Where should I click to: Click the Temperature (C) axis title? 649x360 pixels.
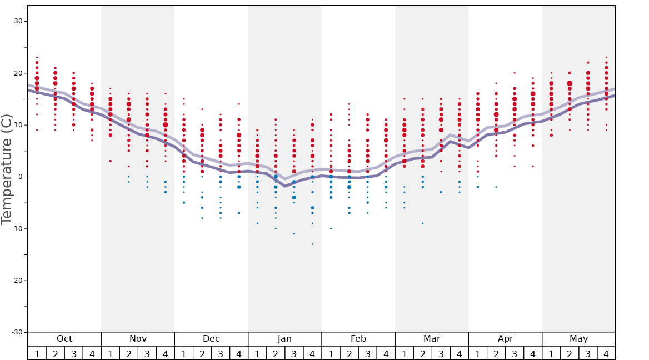pyautogui.click(x=7, y=169)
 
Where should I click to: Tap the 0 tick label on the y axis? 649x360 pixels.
pyautogui.click(x=20, y=177)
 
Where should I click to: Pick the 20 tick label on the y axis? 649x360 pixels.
pyautogui.click(x=18, y=73)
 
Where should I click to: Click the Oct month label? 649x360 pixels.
pyautogui.click(x=64, y=339)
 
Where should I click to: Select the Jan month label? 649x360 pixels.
pyautogui.click(x=284, y=339)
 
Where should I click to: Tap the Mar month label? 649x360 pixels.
pyautogui.click(x=432, y=339)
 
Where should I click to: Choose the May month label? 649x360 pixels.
pyautogui.click(x=578, y=339)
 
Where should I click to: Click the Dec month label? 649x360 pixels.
pyautogui.click(x=211, y=339)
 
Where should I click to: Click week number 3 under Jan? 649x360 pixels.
pyautogui.click(x=294, y=353)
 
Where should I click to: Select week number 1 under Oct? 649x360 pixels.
pyautogui.click(x=37, y=353)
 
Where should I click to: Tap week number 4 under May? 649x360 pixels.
pyautogui.click(x=606, y=353)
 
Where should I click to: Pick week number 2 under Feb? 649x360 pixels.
pyautogui.click(x=349, y=353)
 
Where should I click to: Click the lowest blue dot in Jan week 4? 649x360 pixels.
pyautogui.click(x=312, y=244)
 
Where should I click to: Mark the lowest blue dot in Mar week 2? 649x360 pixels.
pyautogui.click(x=422, y=223)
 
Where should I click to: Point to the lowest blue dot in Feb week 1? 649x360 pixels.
pyautogui.click(x=331, y=228)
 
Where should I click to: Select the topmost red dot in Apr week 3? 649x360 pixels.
pyautogui.click(x=515, y=73)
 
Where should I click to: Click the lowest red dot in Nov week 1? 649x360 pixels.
pyautogui.click(x=110, y=161)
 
